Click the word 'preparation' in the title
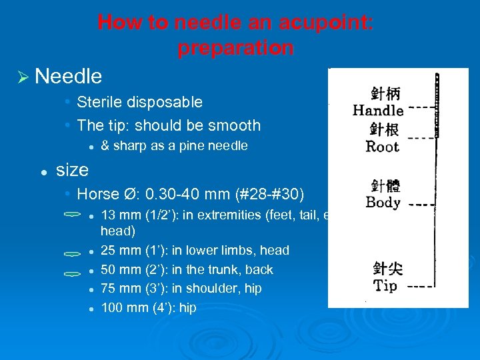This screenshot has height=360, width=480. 235,48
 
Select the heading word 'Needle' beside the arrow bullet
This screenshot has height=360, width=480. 68,77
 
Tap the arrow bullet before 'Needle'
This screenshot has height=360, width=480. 23,77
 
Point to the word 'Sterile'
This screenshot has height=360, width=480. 99,102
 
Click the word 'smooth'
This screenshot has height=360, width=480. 233,125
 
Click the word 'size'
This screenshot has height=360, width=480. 72,170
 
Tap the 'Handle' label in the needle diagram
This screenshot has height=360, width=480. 378,111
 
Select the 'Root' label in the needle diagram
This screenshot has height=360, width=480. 382,147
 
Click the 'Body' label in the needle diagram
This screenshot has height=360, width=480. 383,202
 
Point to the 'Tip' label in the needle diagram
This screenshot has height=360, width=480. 385,286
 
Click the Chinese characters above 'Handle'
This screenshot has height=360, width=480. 386,93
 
